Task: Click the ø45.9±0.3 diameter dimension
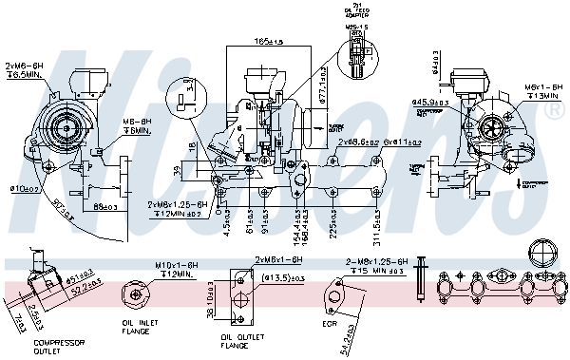click(x=429, y=102)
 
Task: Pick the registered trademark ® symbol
click(x=552, y=110)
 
